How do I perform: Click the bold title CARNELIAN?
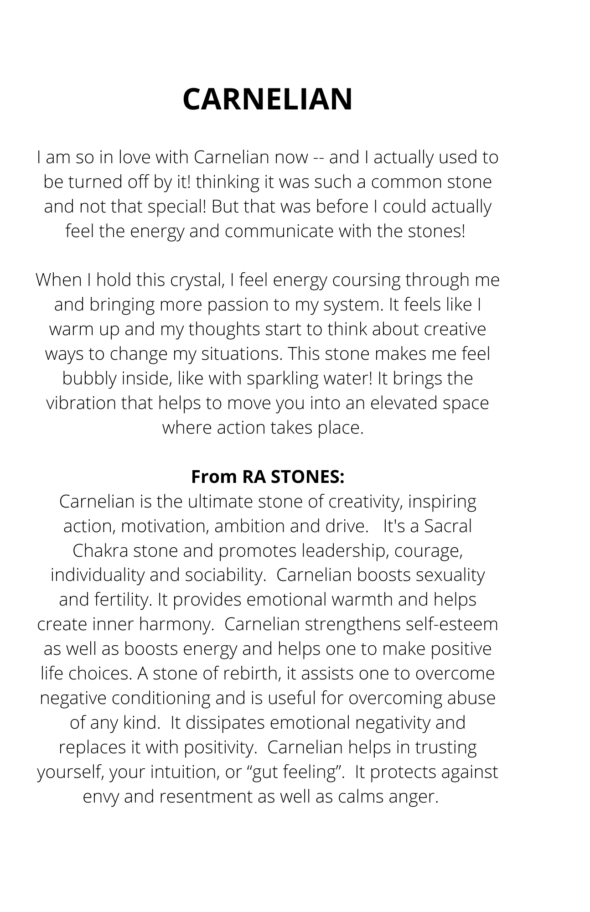pos(268,99)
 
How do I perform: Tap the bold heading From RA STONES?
pos(268,477)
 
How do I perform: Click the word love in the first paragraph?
pos(135,157)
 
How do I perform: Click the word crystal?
pos(197,280)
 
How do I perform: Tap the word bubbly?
pos(89,378)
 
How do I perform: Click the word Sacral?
pos(448,526)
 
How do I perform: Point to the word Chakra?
pos(100,551)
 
